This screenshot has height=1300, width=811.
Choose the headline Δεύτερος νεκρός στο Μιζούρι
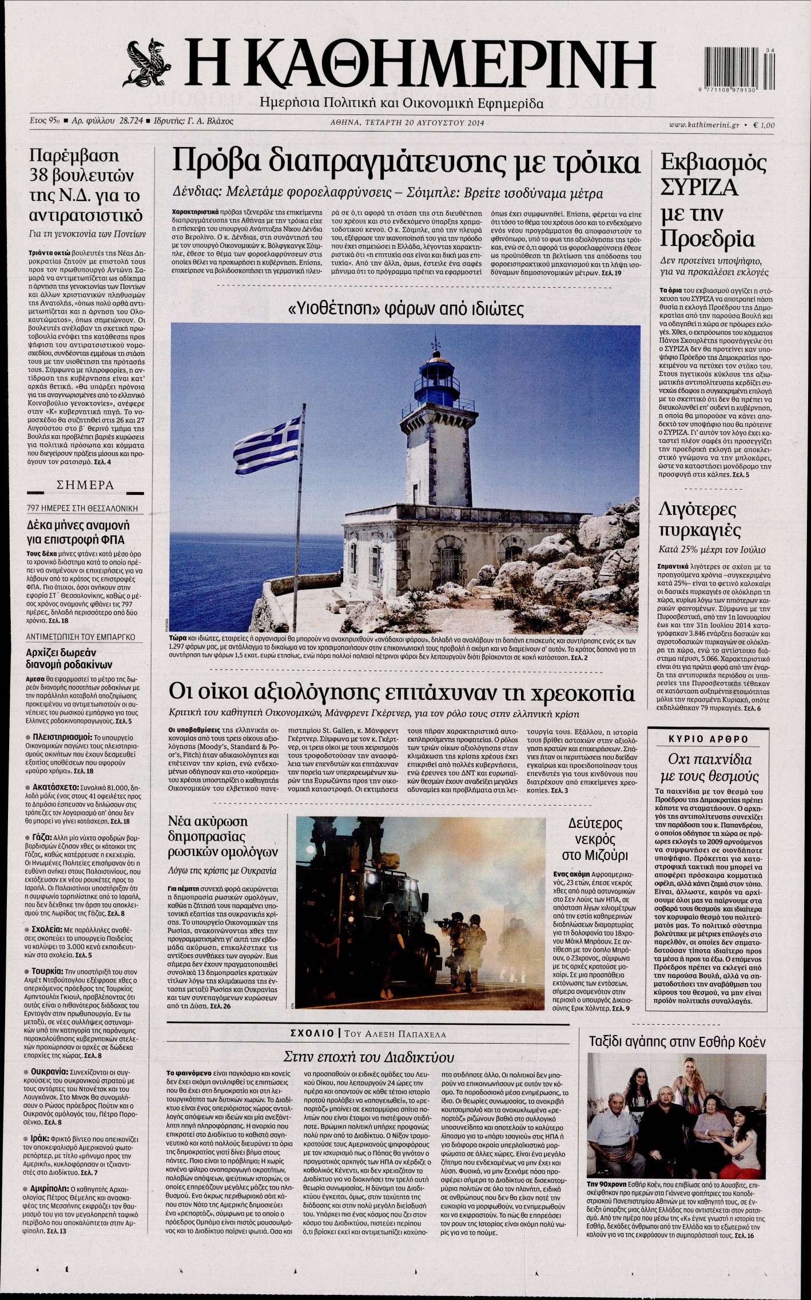[594, 839]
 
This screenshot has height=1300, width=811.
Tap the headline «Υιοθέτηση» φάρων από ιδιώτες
[406, 309]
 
